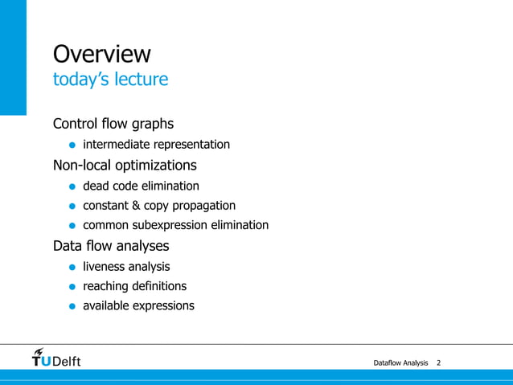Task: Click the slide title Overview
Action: pos(101,54)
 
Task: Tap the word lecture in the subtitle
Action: pos(143,80)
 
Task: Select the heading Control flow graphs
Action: pos(113,124)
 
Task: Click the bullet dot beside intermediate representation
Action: pos(72,145)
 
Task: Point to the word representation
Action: pos(191,145)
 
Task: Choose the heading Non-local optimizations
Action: pos(125,166)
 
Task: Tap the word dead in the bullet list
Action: pos(96,186)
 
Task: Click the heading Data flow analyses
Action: pos(111,246)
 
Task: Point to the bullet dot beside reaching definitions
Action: pos(72,287)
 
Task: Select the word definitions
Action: pos(159,286)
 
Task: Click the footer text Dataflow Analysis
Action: pos(400,364)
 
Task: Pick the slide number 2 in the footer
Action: pos(438,364)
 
